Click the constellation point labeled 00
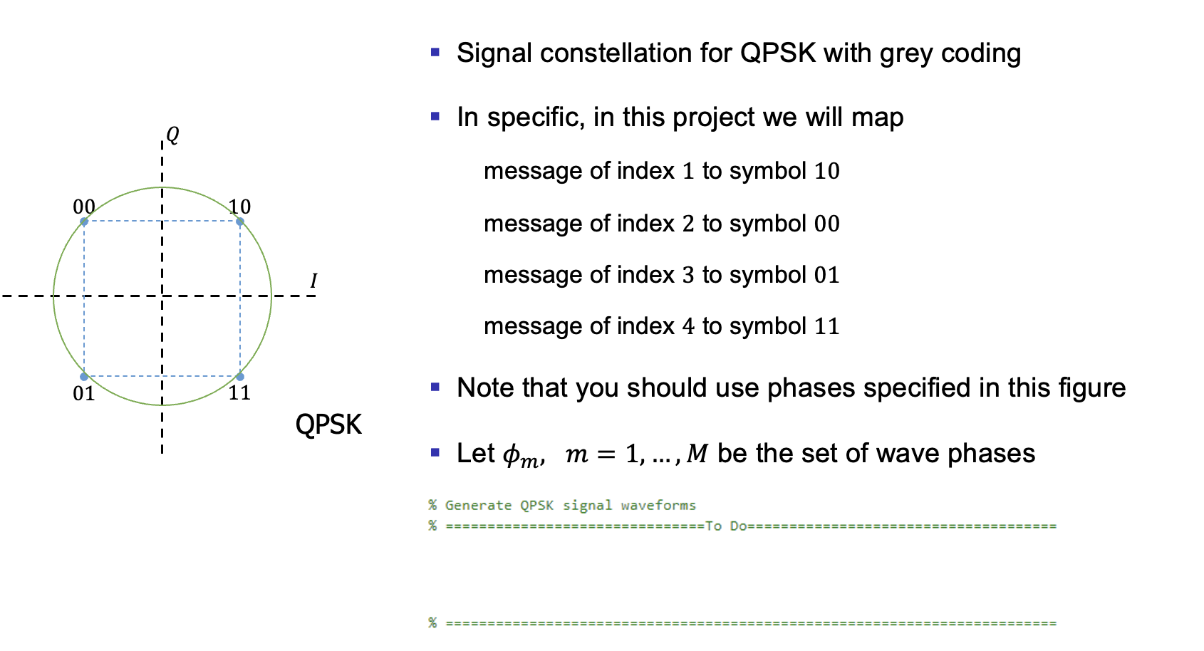tap(84, 222)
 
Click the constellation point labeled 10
tap(240, 222)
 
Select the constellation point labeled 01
tap(84, 376)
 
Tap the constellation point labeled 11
tap(240, 376)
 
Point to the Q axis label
tap(172, 134)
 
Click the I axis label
tap(313, 281)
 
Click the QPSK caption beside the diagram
tap(328, 425)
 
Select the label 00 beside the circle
tap(84, 207)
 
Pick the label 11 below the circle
tap(239, 392)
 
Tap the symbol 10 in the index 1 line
tap(827, 171)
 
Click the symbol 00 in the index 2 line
tap(827, 224)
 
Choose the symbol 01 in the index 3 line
tap(827, 275)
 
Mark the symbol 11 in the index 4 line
tap(827, 326)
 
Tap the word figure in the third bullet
tap(1091, 388)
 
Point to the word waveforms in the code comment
tap(658, 506)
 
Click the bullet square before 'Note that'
tap(435, 387)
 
